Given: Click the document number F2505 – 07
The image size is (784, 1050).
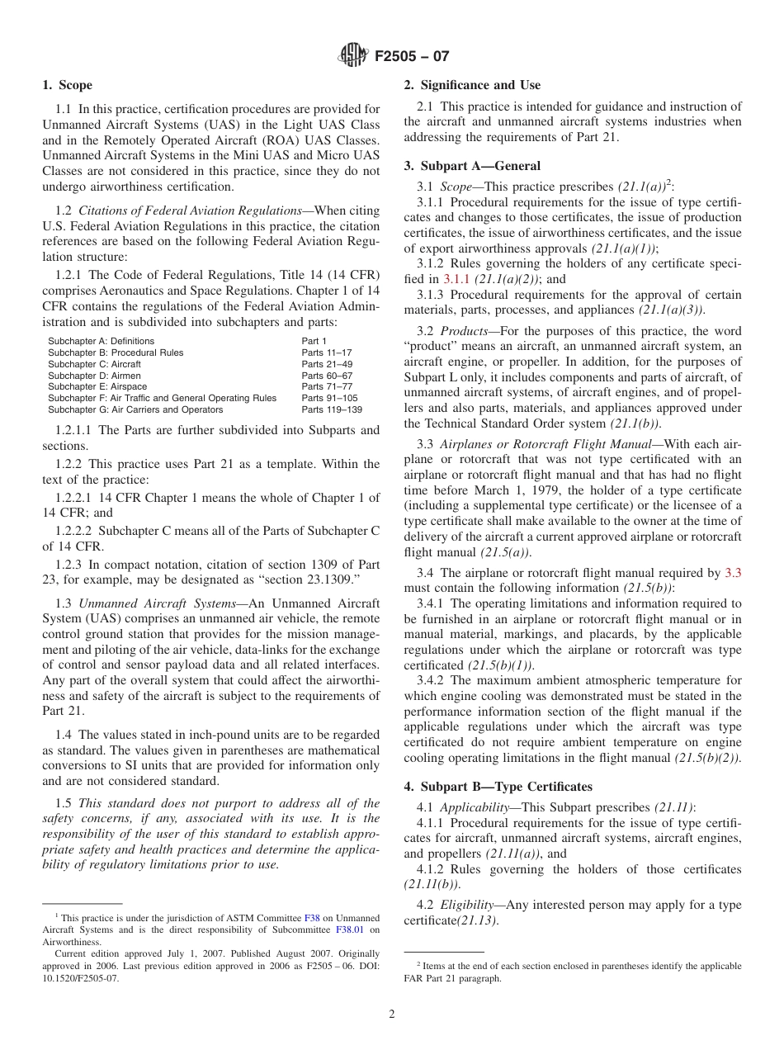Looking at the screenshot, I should point(412,57).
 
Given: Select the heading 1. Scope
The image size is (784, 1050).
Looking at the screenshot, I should point(68,85).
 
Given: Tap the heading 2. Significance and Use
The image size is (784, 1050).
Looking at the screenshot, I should point(472,85).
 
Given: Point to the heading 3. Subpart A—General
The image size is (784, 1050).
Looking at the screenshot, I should point(472,166).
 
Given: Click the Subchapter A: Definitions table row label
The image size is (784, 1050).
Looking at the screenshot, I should point(101,341).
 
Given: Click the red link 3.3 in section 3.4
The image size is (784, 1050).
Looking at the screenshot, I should point(733,573).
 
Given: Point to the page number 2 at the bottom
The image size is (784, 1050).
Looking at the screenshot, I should point(392,1015).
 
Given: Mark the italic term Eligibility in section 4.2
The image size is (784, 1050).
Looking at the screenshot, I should point(467,905).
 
